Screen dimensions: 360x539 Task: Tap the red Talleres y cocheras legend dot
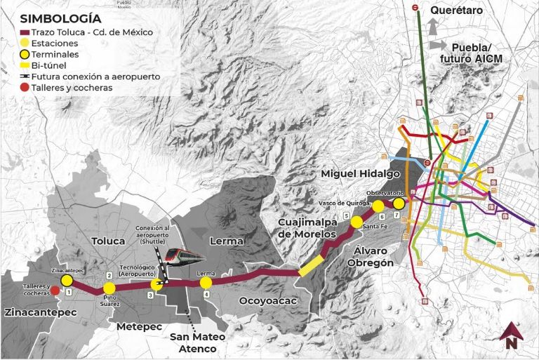pyautogui.click(x=25, y=88)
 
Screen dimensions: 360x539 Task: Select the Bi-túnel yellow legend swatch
pyautogui.click(x=25, y=65)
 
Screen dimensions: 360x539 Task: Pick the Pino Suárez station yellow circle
pyautogui.click(x=109, y=288)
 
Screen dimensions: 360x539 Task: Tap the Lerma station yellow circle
pyautogui.click(x=206, y=283)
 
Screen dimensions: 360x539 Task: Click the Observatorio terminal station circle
pyautogui.click(x=399, y=204)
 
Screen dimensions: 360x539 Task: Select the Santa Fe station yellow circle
pyautogui.click(x=357, y=222)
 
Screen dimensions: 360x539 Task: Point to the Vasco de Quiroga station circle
pyautogui.click(x=378, y=206)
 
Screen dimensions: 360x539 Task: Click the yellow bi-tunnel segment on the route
pyautogui.click(x=311, y=266)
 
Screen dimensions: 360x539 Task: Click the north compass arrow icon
pyautogui.click(x=511, y=335)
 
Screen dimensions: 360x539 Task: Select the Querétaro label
pyautogui.click(x=456, y=11)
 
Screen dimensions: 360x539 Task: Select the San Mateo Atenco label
pyautogui.click(x=197, y=342)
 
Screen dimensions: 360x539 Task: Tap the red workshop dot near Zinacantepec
pyautogui.click(x=55, y=290)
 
